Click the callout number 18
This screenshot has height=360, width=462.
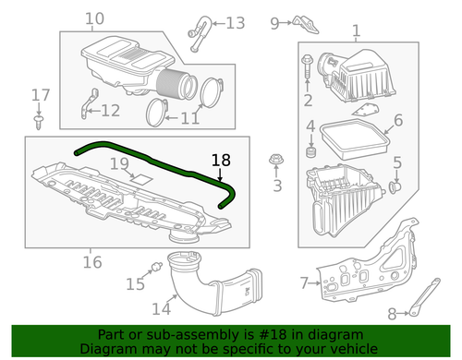(220, 160)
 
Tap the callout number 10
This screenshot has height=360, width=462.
(94, 19)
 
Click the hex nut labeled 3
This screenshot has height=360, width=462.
(274, 163)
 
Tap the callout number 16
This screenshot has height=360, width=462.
(91, 262)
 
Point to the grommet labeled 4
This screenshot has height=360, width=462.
(311, 148)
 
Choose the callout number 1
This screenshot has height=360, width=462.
(356, 32)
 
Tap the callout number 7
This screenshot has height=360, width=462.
(304, 282)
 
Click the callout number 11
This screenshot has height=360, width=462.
(189, 117)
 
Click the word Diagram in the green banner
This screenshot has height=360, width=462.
(109, 349)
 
